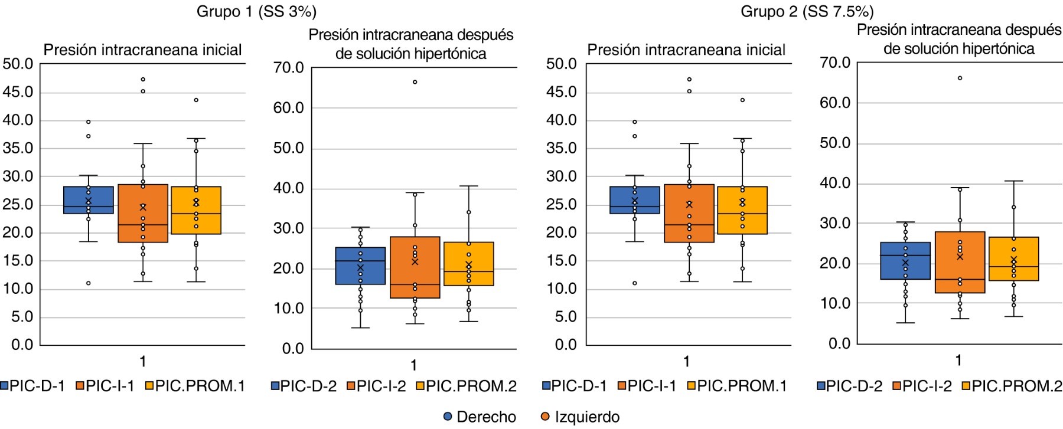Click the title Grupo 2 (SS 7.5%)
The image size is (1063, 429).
tap(807, 12)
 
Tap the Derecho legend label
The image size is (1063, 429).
tap(486, 417)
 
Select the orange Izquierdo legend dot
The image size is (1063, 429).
tap(545, 417)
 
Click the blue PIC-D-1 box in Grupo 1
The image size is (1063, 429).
tap(89, 200)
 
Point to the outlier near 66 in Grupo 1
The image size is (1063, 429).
tap(415, 82)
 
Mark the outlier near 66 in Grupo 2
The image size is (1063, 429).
tap(960, 78)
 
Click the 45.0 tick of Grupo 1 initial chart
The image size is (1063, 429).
tap(18, 93)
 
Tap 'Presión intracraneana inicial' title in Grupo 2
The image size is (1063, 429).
tap(686, 50)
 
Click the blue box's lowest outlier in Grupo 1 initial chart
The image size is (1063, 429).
tap(89, 283)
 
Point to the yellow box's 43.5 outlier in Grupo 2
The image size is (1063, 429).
tap(742, 100)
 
